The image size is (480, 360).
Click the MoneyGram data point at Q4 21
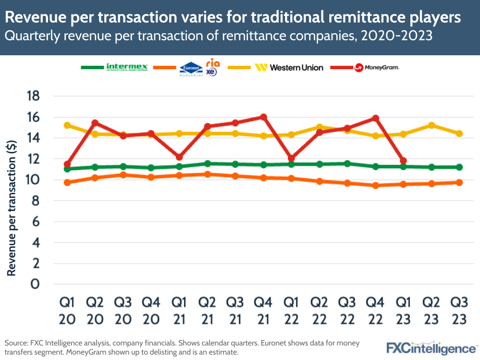(x=263, y=117)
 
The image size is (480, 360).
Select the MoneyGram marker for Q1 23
(x=404, y=161)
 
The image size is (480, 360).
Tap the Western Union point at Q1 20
(x=67, y=125)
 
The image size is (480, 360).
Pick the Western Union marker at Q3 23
(x=459, y=134)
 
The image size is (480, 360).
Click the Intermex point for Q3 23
(x=459, y=167)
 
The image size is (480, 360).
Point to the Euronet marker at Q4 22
(x=375, y=185)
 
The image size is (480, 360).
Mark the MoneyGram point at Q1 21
(x=179, y=157)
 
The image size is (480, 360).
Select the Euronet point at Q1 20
(x=67, y=183)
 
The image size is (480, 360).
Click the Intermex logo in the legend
(x=127, y=67)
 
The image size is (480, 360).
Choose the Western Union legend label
(x=296, y=68)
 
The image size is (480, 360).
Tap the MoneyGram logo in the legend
(x=377, y=68)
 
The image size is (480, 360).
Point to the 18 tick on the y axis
(x=33, y=96)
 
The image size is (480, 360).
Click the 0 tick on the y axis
(x=35, y=285)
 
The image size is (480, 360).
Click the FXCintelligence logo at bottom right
(x=431, y=348)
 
